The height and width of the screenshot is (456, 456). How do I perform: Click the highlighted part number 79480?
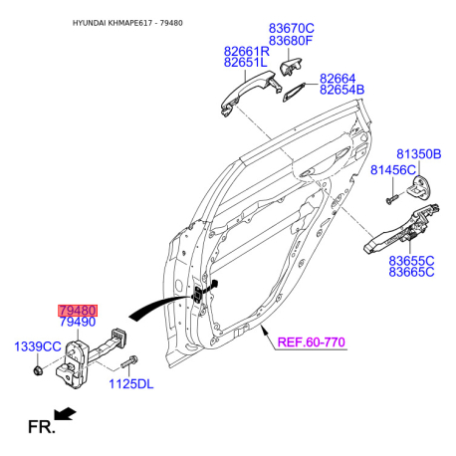coord(78,311)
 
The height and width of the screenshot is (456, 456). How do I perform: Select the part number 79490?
coord(78,322)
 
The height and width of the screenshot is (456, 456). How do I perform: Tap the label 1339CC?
coord(38,346)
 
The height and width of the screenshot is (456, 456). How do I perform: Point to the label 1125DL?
coord(131,384)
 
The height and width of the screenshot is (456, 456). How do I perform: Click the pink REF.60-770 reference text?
coord(312,342)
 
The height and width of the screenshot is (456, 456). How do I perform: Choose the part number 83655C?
coord(411,261)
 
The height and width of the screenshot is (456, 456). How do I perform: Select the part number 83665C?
coord(411,272)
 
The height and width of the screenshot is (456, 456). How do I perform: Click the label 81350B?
coord(419,154)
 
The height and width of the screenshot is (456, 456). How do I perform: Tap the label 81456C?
coord(393,170)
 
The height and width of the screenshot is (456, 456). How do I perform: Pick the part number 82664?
coord(338,79)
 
